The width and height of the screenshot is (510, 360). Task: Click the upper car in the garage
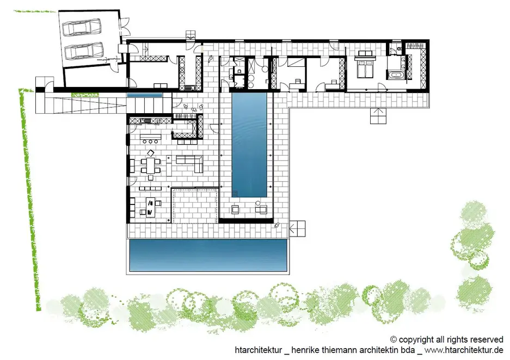pos(81,27)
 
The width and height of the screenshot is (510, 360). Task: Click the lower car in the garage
pos(84,51)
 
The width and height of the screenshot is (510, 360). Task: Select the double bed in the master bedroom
pos(366,67)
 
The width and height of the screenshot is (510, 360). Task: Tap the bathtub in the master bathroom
pos(395,76)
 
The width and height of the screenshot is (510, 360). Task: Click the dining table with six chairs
pos(151,165)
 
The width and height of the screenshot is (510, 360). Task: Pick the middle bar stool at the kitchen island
pos(150,141)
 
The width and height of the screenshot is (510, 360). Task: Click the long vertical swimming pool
pos(249,145)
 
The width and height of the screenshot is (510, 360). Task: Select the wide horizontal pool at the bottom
pos(208,255)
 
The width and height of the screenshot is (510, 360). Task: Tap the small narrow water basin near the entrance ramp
pos(144,95)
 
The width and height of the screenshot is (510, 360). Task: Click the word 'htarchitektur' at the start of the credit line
pos(258,350)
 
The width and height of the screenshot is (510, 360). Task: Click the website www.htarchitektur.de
pos(464,350)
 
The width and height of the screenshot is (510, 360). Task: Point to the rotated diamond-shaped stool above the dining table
pos(151,153)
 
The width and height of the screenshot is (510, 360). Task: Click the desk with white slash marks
pos(150,207)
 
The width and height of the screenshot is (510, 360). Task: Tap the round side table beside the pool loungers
pos(258,203)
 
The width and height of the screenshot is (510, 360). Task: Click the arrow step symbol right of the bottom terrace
pos(297,229)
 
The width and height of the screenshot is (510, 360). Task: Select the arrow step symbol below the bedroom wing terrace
pos(378,116)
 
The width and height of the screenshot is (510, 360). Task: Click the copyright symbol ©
pos(394,340)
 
